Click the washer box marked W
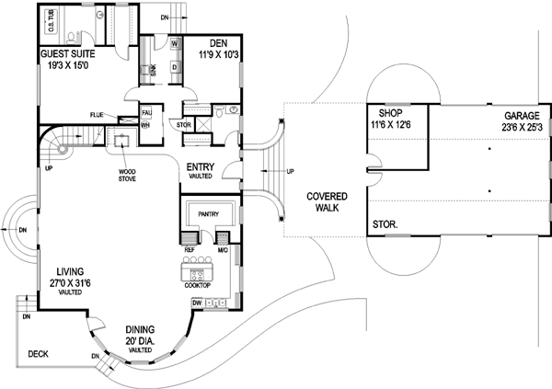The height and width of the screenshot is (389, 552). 173,42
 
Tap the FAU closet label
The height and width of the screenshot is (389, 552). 146,113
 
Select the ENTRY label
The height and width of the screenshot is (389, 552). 201,166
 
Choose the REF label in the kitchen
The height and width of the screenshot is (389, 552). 189,248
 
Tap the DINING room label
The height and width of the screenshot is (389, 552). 140,329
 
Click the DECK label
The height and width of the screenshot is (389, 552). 37,352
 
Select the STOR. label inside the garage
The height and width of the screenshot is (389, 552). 385,223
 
